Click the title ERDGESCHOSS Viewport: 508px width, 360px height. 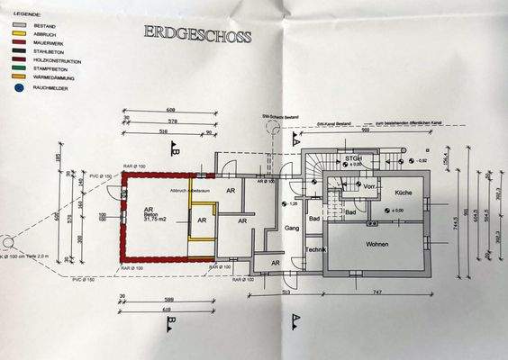(198, 35)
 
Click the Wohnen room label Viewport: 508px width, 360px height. (383, 244)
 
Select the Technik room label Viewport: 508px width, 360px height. (315, 249)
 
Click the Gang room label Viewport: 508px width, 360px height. (291, 229)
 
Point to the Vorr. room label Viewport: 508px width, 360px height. (368, 188)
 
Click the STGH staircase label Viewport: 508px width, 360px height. (352, 158)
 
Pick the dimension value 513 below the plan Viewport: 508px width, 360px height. (286, 292)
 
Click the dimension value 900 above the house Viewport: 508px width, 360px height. (367, 129)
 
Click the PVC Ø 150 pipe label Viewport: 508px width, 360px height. (99, 176)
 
